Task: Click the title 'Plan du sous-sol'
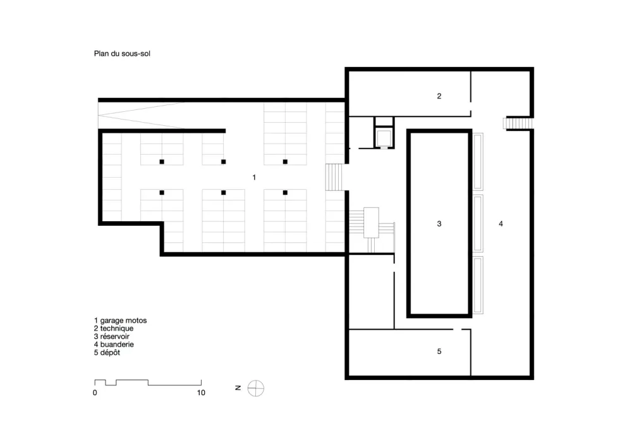(122, 54)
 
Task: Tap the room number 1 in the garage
(254, 178)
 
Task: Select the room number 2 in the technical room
(439, 96)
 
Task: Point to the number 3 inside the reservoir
(439, 224)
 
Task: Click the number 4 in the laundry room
(501, 224)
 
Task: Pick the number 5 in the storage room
(439, 352)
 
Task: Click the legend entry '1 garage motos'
(120, 321)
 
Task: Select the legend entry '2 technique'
(113, 329)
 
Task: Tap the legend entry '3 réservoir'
(112, 336)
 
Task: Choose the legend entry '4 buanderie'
(114, 345)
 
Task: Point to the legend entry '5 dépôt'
(107, 353)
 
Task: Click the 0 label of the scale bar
(95, 393)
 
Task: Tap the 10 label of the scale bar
(201, 393)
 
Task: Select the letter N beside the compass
(238, 388)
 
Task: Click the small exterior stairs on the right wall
(518, 123)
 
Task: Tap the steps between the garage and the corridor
(334, 177)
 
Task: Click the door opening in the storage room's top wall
(458, 329)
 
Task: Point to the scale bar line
(148, 383)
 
